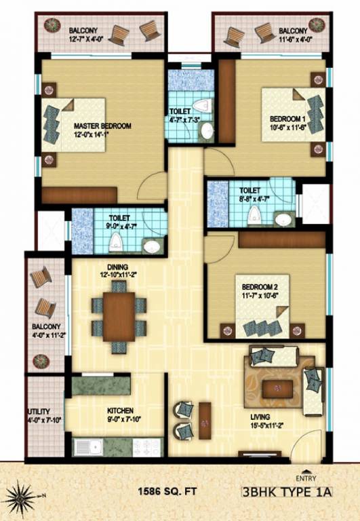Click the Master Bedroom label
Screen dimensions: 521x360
[x=102, y=126]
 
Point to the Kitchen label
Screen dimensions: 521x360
[x=119, y=410]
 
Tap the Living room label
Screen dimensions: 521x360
[x=260, y=416]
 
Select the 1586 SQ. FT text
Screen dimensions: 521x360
[x=165, y=490]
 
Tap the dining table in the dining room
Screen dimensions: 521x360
[x=119, y=316]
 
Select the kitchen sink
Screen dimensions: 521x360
[x=90, y=448]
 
